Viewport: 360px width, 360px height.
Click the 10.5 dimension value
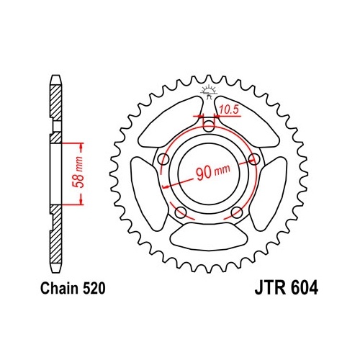229,109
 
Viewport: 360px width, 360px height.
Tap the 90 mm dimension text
213,171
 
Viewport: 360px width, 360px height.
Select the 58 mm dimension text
78,171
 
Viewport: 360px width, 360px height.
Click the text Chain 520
73,288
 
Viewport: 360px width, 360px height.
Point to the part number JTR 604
287,287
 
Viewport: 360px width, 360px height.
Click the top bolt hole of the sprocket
209,126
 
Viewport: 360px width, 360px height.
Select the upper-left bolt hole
164,159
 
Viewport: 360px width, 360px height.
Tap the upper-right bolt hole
254,159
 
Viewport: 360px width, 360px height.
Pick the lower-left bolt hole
181,212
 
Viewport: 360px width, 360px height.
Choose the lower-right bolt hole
237,212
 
